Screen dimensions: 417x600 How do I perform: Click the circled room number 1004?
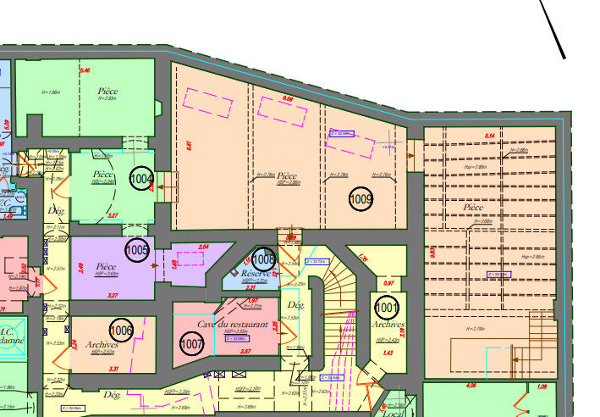tap(142, 179)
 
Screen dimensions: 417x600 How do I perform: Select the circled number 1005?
tap(137, 250)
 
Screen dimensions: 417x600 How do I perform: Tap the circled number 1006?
tap(122, 330)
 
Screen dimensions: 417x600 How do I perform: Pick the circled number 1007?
tap(192, 343)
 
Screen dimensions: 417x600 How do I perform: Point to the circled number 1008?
tap(263, 258)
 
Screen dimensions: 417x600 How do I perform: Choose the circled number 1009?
tap(361, 199)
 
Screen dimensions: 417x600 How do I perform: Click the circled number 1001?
tap(387, 307)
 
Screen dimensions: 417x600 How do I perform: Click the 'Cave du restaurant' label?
tap(233, 325)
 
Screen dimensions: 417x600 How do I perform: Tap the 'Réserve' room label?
tap(256, 274)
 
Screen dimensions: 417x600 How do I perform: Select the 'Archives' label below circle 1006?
tap(102, 345)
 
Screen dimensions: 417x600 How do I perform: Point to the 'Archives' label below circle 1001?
tap(388, 325)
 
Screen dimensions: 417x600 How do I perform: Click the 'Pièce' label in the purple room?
tap(106, 265)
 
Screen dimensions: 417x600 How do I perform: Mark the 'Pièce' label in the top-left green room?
tap(107, 91)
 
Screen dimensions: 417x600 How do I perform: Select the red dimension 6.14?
tap(487, 136)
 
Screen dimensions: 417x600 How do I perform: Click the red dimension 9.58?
tap(288, 99)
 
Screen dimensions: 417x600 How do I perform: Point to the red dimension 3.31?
tap(113, 369)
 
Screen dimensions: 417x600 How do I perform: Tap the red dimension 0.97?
tap(389, 283)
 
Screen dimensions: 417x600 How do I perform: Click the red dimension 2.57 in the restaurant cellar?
tap(222, 351)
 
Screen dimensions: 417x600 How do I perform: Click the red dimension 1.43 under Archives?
tap(388, 352)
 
